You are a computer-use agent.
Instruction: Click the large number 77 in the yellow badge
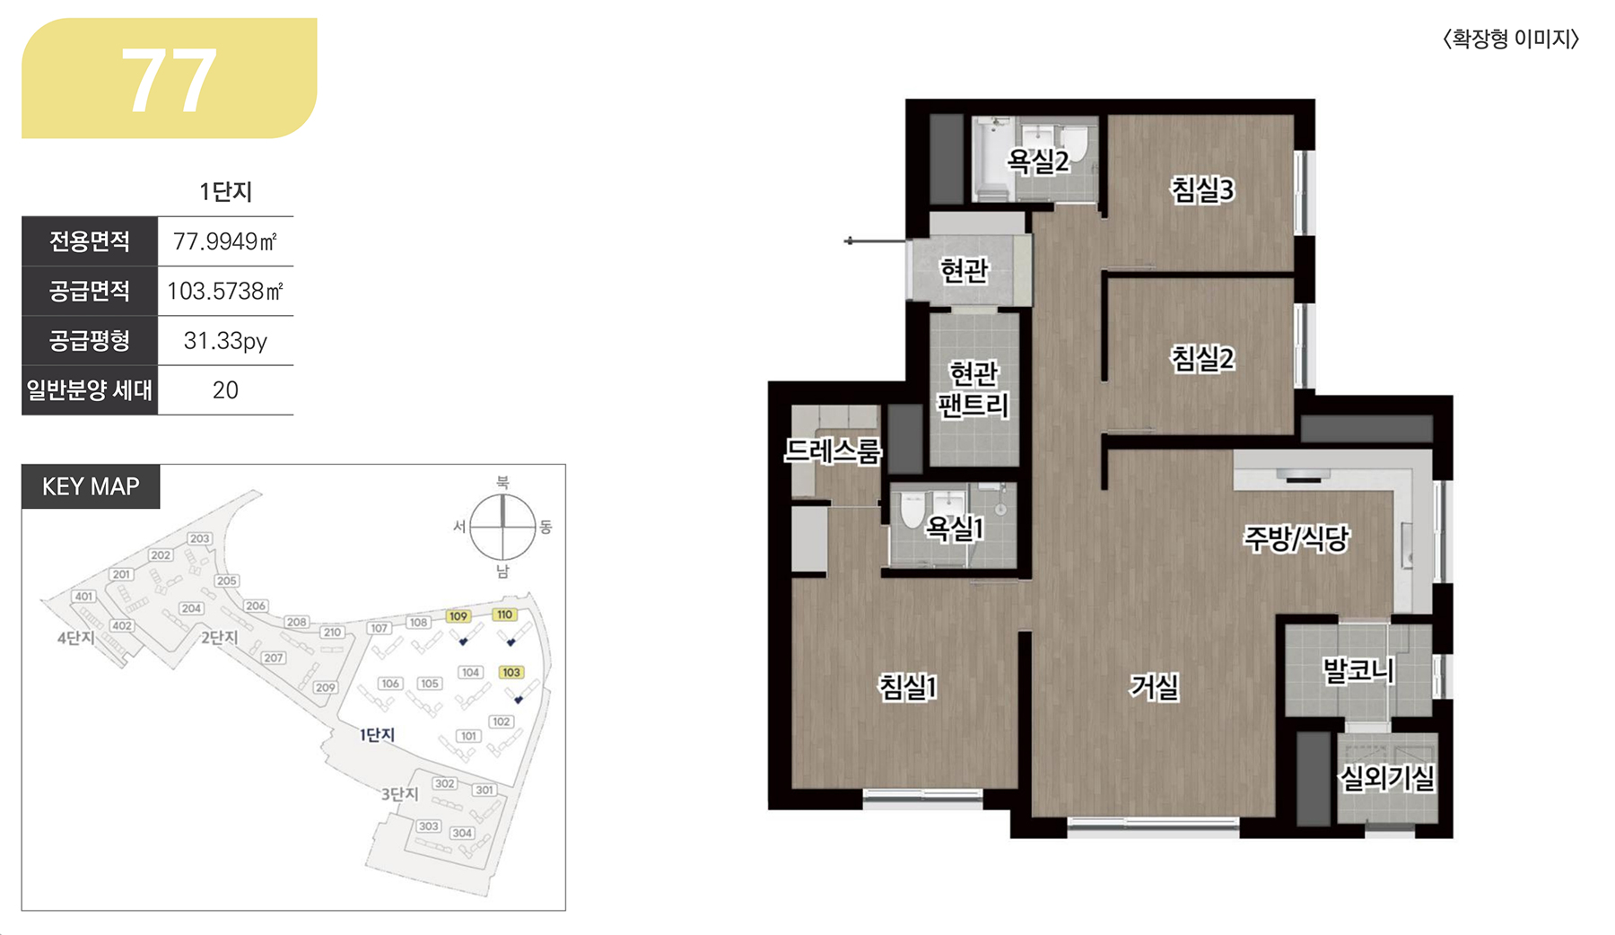[x=169, y=81]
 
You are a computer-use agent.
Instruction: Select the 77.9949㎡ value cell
[x=225, y=241]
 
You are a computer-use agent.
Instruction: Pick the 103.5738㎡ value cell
[x=225, y=291]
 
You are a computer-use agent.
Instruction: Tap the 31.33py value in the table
[x=225, y=341]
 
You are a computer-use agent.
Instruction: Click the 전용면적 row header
[x=90, y=241]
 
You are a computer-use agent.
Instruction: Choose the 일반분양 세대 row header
[x=90, y=390]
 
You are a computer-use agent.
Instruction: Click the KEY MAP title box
[x=91, y=486]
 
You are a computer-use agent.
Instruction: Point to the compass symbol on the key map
[x=502, y=527]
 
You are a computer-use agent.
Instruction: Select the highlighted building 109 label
[x=458, y=616]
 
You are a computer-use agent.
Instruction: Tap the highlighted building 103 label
[x=511, y=672]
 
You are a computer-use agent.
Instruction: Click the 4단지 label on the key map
[x=76, y=638]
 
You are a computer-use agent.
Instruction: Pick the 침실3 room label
[x=1202, y=190]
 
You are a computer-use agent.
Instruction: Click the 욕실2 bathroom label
[x=1038, y=162]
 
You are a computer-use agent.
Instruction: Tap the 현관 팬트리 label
[x=973, y=389]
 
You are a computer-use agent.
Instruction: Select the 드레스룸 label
[x=833, y=450]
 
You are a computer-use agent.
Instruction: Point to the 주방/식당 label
[x=1296, y=538]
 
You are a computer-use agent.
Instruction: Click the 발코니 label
[x=1358, y=670]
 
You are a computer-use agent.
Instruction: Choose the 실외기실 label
[x=1387, y=778]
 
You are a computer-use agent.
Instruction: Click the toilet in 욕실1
[x=912, y=509]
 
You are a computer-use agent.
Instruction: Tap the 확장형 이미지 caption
[x=1511, y=39]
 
